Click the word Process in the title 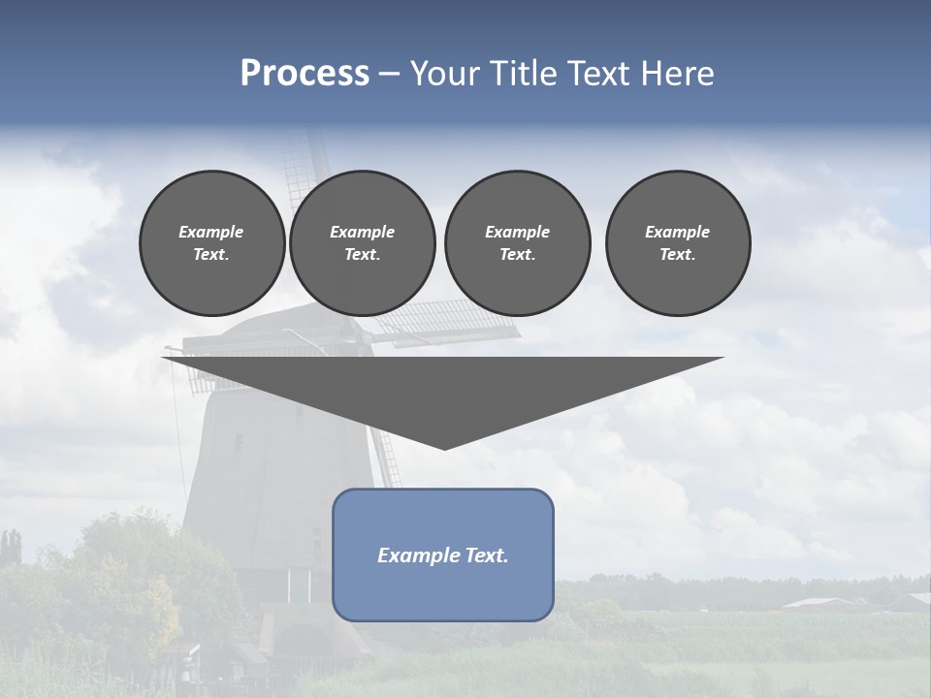pos(305,73)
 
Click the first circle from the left pos(211,243)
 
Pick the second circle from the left pos(362,243)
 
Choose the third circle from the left pos(517,243)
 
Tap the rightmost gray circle pos(678,243)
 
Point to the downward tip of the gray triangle pos(444,447)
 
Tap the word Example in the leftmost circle pos(211,232)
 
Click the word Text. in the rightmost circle pos(678,254)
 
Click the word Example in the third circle pos(517,232)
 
